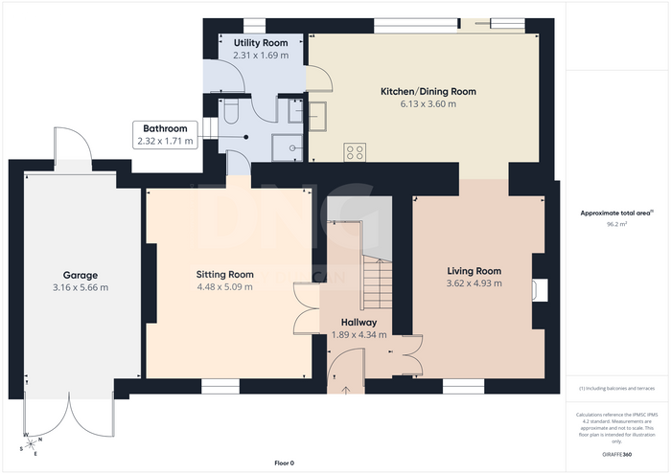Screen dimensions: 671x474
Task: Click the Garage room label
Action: point(81,275)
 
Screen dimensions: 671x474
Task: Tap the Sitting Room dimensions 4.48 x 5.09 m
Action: point(224,286)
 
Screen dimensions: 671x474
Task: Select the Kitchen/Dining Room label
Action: point(428,92)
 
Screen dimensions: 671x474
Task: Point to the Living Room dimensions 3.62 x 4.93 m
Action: point(474,282)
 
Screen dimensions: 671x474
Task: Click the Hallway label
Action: point(359,323)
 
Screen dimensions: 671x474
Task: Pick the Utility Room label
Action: point(261,43)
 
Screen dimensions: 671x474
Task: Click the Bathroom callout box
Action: point(165,135)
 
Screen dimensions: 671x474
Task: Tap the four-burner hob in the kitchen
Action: point(355,152)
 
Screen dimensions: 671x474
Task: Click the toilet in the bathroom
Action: point(231,111)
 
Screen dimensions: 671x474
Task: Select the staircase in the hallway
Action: point(378,282)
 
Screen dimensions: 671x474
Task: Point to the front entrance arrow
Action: point(346,391)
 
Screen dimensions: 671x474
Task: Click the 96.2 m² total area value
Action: point(616,223)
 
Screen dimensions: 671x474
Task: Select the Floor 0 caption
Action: point(285,463)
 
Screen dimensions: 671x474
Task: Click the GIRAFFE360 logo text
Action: point(616,454)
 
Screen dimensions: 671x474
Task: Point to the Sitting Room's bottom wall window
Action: point(220,386)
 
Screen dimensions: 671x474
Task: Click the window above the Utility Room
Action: point(255,26)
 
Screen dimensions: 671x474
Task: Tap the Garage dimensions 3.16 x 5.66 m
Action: point(81,287)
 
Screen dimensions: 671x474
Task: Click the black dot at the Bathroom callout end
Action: point(246,137)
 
